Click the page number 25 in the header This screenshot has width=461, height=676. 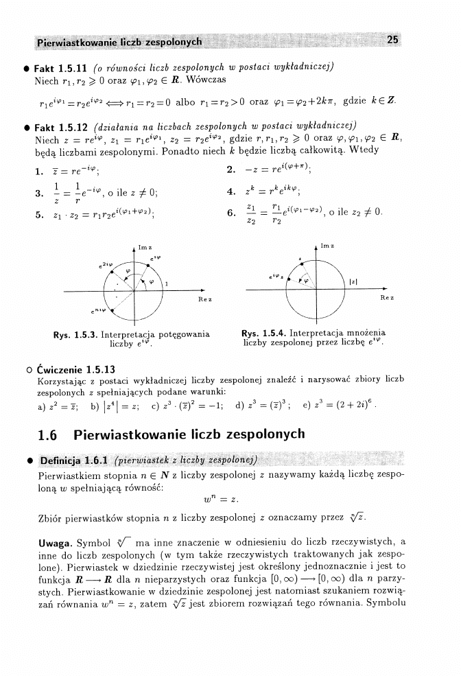coord(392,40)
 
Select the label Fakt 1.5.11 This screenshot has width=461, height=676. coord(60,67)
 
